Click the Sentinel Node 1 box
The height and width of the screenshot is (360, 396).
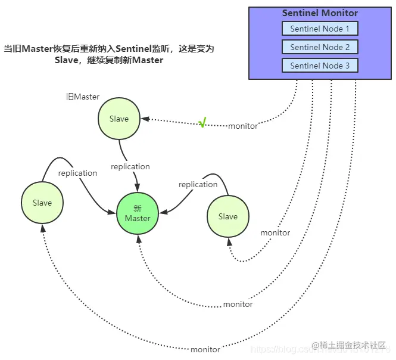[320, 29]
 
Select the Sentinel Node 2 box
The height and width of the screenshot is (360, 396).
[320, 47]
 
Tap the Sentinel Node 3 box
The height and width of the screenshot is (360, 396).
[320, 66]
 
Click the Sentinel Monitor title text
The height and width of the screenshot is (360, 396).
[320, 13]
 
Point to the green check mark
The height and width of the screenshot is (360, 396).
[202, 123]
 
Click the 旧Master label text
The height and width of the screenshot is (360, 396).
[83, 97]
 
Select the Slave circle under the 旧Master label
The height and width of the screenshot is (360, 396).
[119, 119]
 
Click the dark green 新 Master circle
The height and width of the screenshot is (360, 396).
[138, 213]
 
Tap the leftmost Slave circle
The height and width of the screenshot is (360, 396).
[42, 203]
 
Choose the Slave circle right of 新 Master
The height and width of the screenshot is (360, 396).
[228, 216]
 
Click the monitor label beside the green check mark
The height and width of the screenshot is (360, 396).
[243, 126]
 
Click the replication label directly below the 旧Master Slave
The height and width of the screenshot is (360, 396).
[130, 166]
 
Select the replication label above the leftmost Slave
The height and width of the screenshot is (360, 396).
[77, 173]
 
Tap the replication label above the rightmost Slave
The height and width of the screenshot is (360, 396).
[198, 184]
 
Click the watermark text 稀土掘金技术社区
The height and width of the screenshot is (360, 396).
[353, 346]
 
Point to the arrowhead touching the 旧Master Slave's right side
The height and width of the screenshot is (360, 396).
[144, 119]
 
